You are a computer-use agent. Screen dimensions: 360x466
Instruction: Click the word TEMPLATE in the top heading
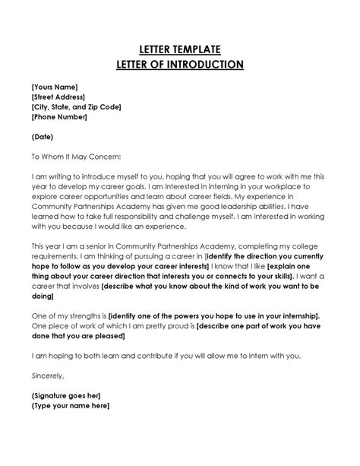click(x=200, y=49)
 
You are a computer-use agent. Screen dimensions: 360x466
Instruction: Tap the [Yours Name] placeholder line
click(x=55, y=87)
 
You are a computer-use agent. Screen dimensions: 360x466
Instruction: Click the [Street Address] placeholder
click(x=60, y=97)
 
